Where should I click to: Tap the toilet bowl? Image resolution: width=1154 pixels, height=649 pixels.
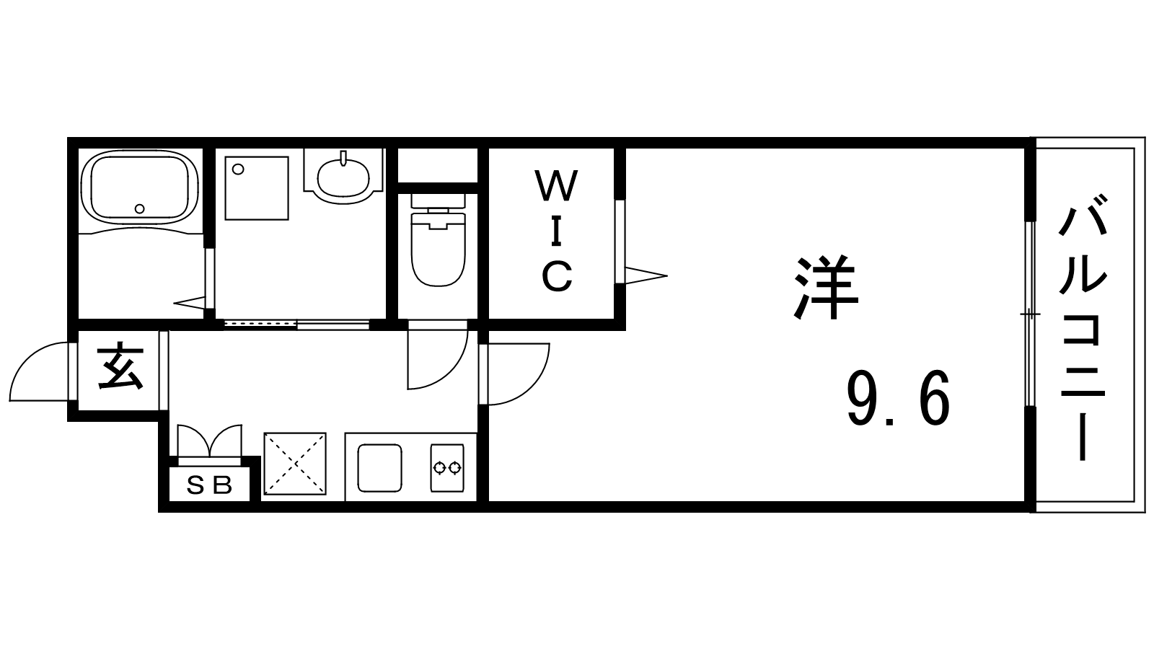(x=437, y=249)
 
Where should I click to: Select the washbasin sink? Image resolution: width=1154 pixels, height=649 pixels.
(x=343, y=177)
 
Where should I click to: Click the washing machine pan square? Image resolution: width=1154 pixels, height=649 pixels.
(x=256, y=187)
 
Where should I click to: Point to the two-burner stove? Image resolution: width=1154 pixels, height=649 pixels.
(x=446, y=468)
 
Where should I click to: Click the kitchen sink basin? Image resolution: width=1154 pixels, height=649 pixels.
(x=380, y=467)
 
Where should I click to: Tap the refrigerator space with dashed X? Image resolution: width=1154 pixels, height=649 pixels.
(x=294, y=464)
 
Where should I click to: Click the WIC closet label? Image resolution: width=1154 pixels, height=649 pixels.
(x=557, y=231)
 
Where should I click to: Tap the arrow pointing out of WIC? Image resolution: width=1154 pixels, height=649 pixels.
(x=646, y=275)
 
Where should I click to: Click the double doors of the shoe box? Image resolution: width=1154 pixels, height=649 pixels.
(x=208, y=439)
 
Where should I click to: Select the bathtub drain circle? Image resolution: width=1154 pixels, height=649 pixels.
(x=140, y=209)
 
